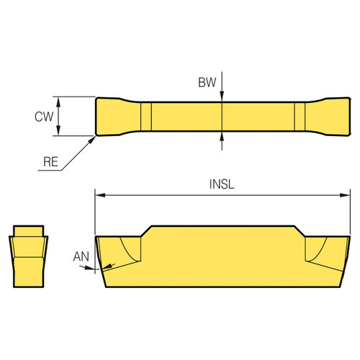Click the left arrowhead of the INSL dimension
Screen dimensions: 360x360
point(100,194)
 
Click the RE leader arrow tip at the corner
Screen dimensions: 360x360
point(96,135)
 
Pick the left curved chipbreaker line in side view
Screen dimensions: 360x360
point(130,251)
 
